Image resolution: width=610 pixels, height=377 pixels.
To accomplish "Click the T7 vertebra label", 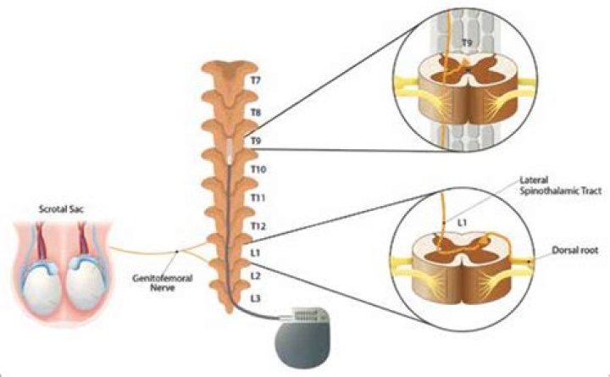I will point(254,81).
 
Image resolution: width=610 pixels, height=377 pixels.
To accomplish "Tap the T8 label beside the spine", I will point(254,111).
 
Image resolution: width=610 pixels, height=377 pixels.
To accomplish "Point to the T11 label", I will point(258,197).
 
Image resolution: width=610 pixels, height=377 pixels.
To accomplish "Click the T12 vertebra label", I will point(258,225).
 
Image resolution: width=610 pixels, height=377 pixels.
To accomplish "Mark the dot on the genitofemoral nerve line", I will point(175,252).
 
